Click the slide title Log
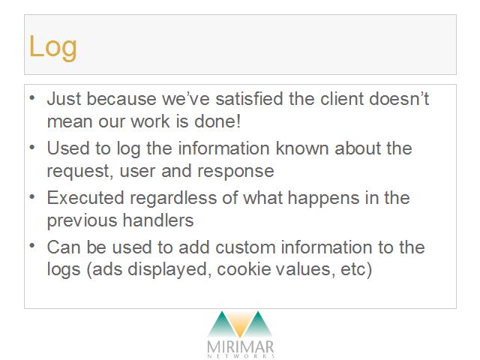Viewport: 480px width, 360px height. (52, 47)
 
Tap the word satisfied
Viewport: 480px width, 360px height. (249, 98)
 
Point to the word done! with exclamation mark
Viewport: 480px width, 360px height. (217, 121)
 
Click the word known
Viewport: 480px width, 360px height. (302, 148)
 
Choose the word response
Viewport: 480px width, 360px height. (235, 172)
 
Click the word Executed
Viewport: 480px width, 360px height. (85, 198)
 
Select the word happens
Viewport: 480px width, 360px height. (323, 198)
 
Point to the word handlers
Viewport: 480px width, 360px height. (158, 220)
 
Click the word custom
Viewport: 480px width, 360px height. (245, 247)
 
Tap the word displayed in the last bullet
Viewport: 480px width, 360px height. (169, 270)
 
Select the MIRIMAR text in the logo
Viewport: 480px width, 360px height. (241, 347)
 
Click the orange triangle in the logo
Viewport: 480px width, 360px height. (240, 324)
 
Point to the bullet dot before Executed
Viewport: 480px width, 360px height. (32, 197)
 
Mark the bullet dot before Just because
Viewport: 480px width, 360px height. (32, 98)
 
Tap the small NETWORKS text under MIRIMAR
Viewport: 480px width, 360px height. (241, 356)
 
